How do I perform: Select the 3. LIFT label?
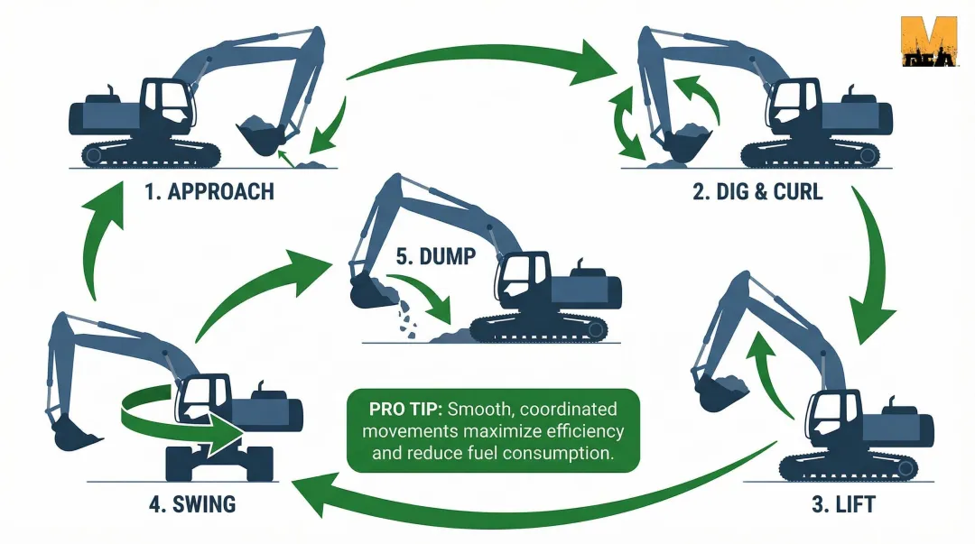842,504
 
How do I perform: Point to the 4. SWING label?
192,503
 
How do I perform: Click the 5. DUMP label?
434,255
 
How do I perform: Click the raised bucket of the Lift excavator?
722,388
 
